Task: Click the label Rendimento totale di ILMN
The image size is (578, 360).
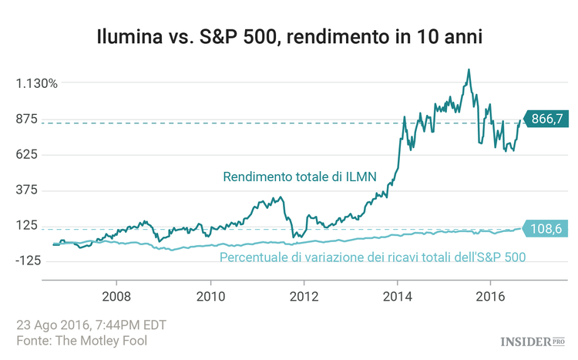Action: [x=300, y=177]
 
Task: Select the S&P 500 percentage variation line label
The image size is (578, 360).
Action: [x=373, y=257]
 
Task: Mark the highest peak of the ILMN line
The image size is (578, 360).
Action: [x=468, y=69]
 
